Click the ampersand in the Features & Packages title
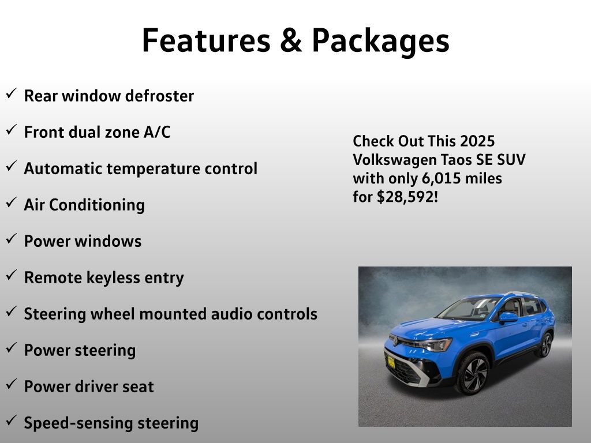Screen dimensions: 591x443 (291, 40)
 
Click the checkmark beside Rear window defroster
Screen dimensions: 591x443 (12, 93)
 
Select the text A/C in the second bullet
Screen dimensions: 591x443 (157, 132)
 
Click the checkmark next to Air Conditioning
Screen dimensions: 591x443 (12, 202)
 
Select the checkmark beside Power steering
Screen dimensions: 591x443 (12, 348)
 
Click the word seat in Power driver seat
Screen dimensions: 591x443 (140, 387)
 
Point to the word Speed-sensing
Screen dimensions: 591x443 (78, 423)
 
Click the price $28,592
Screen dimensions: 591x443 (405, 197)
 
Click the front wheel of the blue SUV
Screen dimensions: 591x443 (473, 373)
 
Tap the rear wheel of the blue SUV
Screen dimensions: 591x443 (545, 344)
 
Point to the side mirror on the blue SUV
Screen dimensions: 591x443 (508, 318)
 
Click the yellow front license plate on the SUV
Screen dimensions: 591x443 (391, 362)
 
